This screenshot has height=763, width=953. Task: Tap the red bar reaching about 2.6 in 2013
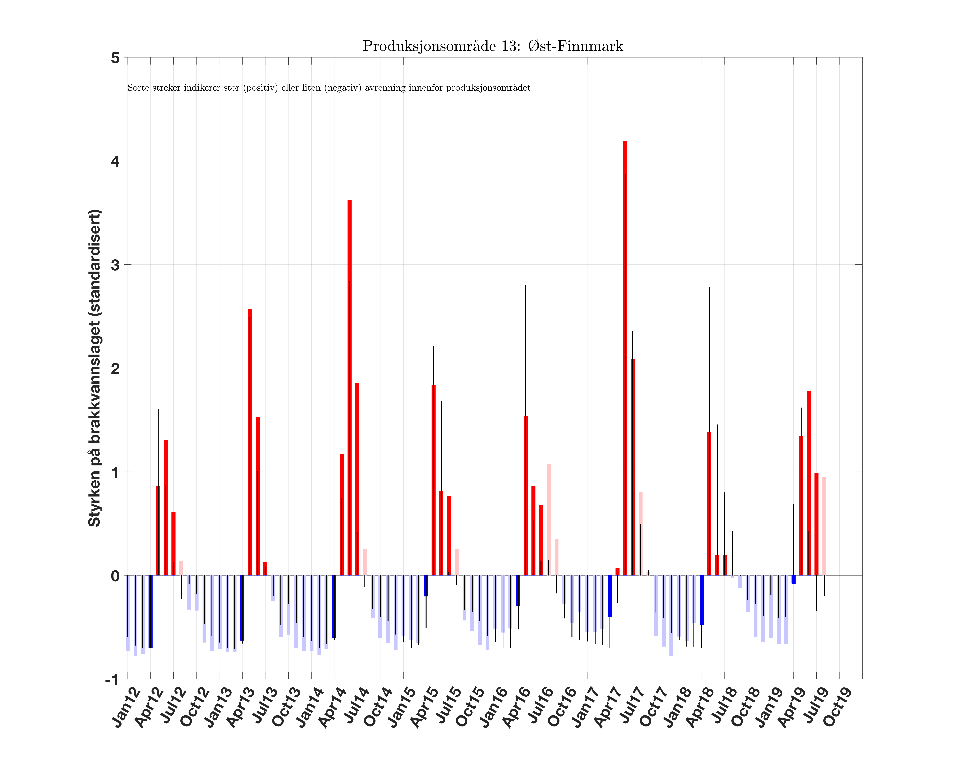click(250, 442)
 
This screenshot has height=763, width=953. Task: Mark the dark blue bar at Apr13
click(242, 608)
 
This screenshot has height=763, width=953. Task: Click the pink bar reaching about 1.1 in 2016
click(549, 520)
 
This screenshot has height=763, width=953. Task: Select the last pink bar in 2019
click(824, 526)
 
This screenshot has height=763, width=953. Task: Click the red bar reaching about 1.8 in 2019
click(808, 483)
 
